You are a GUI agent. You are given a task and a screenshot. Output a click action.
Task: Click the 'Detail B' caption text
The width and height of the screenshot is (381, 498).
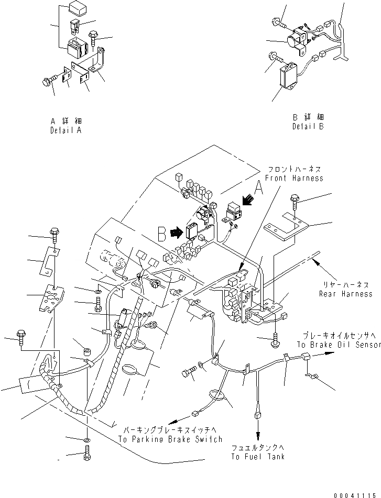308,126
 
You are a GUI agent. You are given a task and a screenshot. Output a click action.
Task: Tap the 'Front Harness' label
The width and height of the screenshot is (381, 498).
294,179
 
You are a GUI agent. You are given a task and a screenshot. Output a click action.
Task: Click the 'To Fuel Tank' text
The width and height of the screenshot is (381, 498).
258,456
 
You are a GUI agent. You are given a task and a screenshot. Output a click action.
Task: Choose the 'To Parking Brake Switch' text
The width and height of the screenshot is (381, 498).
170,439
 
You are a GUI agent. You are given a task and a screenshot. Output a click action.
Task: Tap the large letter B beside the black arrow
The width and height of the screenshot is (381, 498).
163,232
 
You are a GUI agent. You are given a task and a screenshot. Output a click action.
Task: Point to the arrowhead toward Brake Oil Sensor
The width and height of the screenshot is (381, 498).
330,353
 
